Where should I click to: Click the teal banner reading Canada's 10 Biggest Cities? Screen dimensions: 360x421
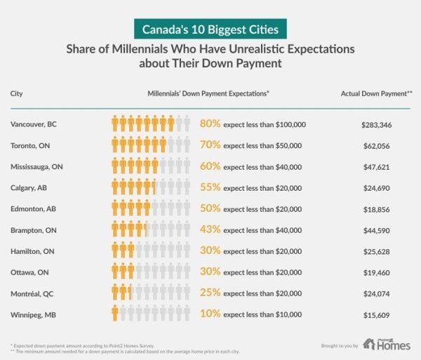210,32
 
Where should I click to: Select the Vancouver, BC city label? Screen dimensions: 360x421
34,124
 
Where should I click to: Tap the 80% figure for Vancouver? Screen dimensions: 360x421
210,124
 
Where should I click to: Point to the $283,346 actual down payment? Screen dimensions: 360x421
375,124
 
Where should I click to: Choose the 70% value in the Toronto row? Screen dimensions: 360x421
210,145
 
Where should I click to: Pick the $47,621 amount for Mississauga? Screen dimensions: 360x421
375,167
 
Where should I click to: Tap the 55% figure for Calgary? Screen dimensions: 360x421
210,188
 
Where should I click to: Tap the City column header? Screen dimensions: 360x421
17,93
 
